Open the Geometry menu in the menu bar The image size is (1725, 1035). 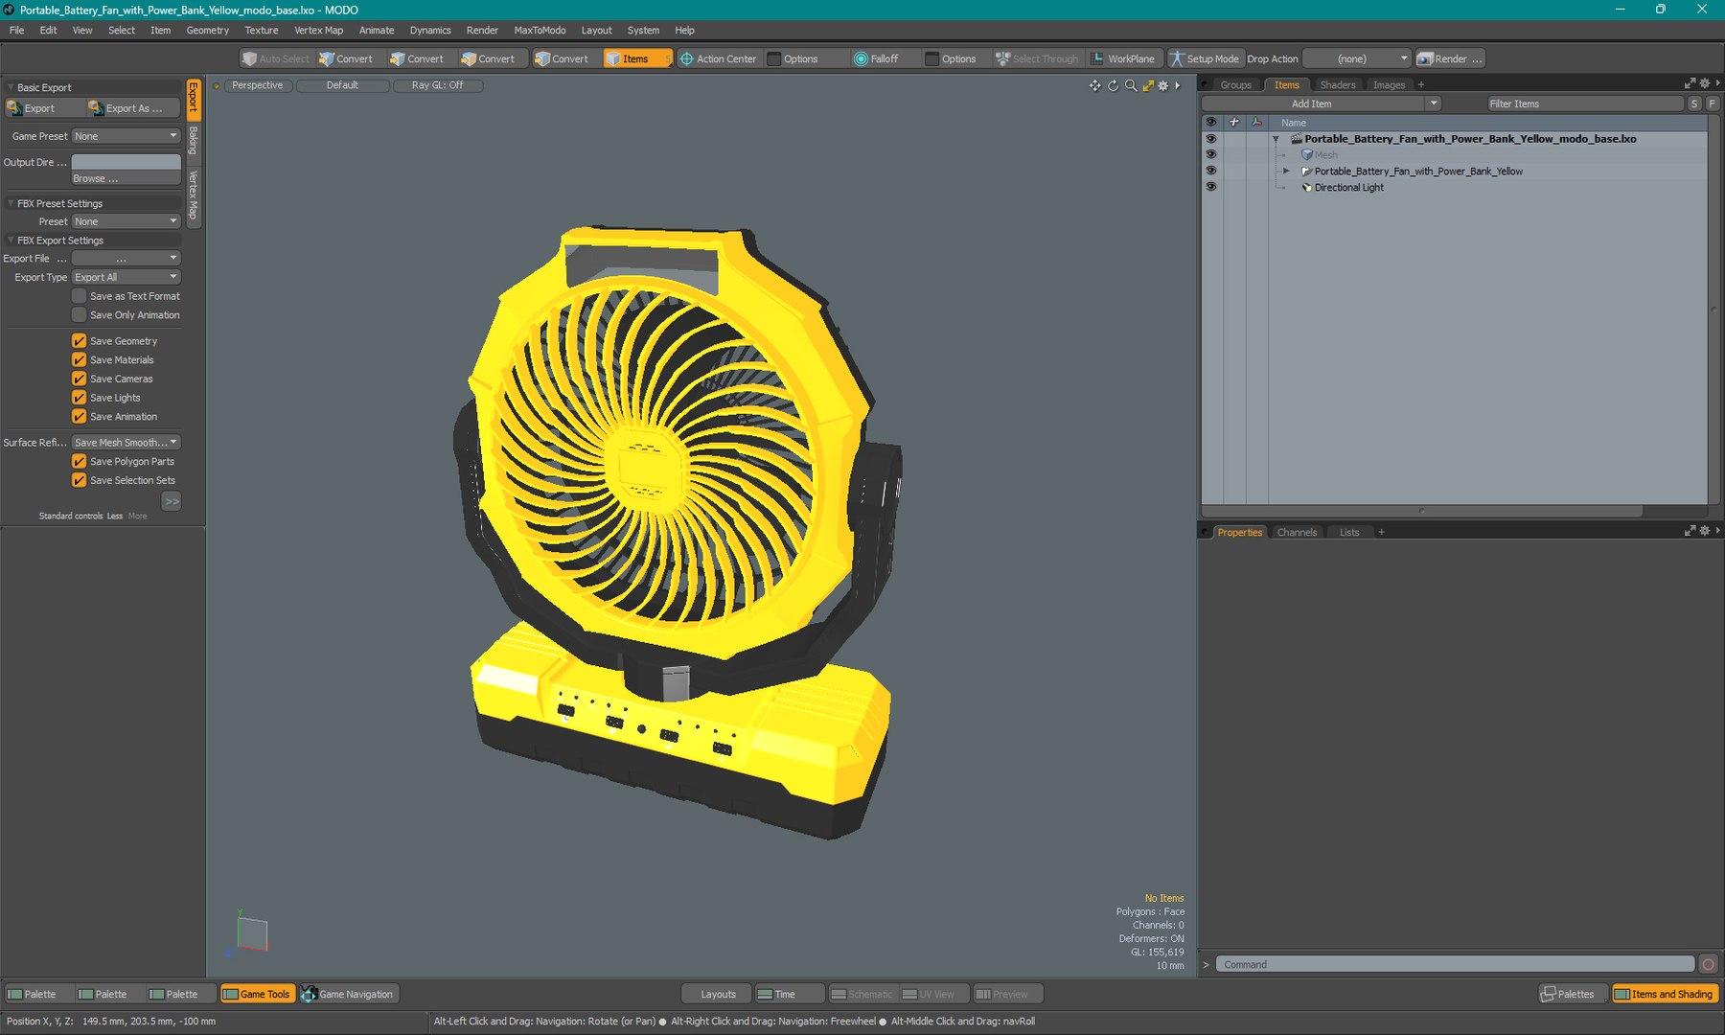point(207,30)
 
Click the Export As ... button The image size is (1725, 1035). point(132,108)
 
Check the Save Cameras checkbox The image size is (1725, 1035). point(80,379)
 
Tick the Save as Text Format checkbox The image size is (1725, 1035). point(80,296)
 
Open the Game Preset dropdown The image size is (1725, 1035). point(126,136)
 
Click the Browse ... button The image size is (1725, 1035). point(126,178)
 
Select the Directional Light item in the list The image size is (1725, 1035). point(1348,188)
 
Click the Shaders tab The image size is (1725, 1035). point(1337,84)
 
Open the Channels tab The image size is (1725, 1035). point(1297,532)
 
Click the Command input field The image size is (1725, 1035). point(1455,964)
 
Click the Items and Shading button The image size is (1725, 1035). point(1665,994)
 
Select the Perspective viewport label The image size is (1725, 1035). point(257,85)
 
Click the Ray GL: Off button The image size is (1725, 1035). point(437,85)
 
